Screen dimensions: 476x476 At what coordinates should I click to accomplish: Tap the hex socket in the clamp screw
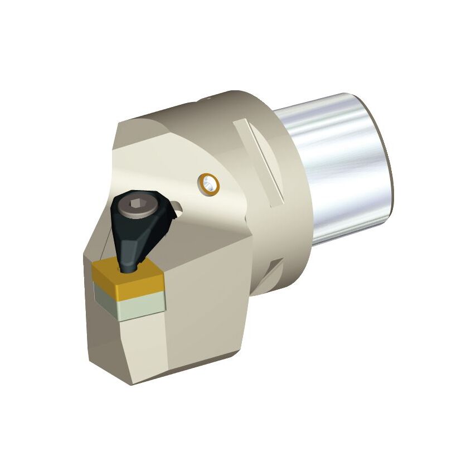(136, 205)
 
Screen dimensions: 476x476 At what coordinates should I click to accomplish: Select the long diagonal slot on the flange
(259, 162)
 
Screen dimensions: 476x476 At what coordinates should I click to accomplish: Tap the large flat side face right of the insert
(206, 312)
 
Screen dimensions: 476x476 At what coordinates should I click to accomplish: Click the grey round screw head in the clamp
(136, 205)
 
